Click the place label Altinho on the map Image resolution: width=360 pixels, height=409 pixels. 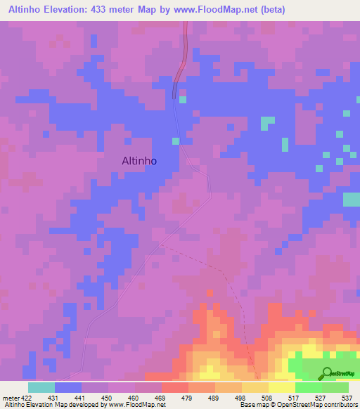coord(139,160)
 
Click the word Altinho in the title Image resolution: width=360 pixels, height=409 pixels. coord(30,10)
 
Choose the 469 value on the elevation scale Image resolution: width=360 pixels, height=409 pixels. coord(161,396)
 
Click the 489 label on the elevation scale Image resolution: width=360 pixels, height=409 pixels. coord(214,396)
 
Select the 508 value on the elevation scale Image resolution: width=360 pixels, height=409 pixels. coord(268,396)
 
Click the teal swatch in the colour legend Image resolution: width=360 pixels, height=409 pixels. coord(41,387)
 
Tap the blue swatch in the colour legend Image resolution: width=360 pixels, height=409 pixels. coord(67,387)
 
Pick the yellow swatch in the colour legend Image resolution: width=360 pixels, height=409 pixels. coord(281,387)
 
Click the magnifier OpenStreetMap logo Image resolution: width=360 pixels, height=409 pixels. coord(326,373)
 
